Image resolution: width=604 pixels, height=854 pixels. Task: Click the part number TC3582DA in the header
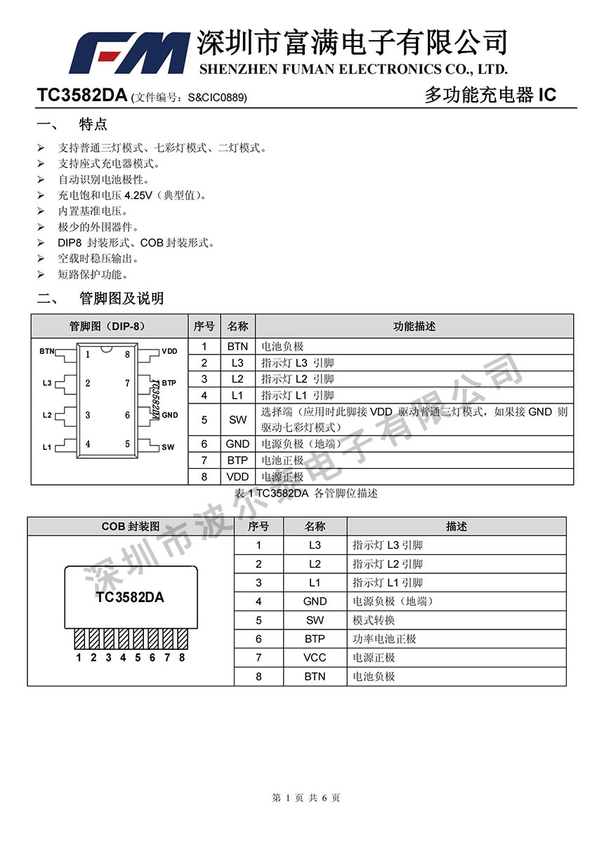pos(82,96)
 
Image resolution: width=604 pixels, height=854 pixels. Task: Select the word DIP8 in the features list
pos(70,243)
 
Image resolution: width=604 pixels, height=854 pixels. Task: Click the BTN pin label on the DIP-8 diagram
pos(47,350)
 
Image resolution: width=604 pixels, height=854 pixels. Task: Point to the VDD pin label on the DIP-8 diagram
pos(169,351)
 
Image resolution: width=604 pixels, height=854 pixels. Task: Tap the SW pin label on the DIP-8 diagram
pos(168,447)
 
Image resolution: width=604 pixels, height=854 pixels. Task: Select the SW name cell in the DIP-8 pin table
pos(237,420)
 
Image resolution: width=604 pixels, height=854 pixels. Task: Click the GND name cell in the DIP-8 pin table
pos(237,443)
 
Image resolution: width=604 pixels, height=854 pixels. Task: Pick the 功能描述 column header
pos(414,326)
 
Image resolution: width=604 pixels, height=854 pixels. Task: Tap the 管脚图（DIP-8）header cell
pos(108,326)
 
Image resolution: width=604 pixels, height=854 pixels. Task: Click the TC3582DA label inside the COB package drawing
pos(130,597)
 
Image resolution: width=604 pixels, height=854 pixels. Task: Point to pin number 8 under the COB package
pos(182,658)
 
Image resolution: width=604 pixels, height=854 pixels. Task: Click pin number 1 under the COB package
pos(79,658)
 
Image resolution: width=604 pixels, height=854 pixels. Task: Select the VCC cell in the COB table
pos(315,658)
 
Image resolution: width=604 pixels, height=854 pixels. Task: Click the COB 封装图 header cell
pos(131,526)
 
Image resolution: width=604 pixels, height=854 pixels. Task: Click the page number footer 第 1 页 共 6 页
pos(306,798)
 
